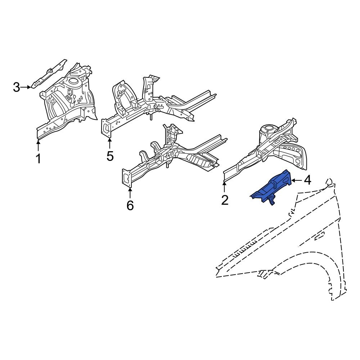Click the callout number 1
(38, 158)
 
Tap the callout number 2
(225, 200)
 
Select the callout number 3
(17, 87)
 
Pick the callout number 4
(307, 180)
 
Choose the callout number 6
(130, 205)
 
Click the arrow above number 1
(38, 146)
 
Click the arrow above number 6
(130, 193)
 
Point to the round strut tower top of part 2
(268, 129)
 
